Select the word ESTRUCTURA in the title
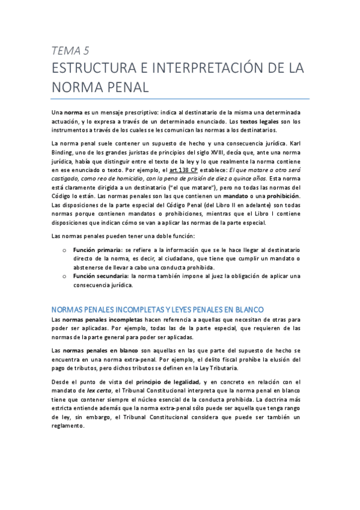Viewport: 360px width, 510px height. point(94,67)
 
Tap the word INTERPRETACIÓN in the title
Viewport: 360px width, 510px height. point(207,67)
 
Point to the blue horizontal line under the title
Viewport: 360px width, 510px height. point(180,99)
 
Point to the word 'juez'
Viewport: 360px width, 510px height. point(199,276)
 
